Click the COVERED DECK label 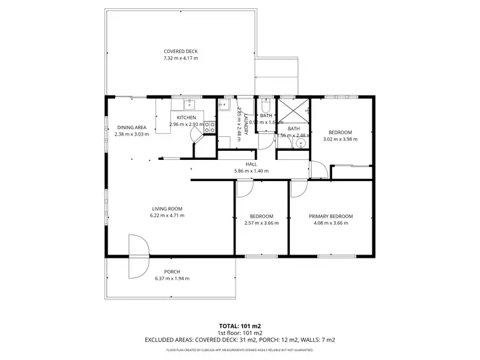click(x=180, y=51)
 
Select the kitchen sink click(x=189, y=105)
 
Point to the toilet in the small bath click(x=267, y=106)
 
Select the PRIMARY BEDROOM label click(x=331, y=216)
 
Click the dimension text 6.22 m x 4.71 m click(x=168, y=215)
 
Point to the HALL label click(x=251, y=164)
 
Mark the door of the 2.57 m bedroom click(x=244, y=189)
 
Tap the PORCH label click(x=172, y=272)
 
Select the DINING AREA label click(x=132, y=127)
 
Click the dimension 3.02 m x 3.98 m click(x=340, y=139)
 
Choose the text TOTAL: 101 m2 click(x=239, y=325)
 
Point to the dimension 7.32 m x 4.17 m click(x=180, y=58)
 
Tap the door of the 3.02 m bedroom click(x=320, y=171)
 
